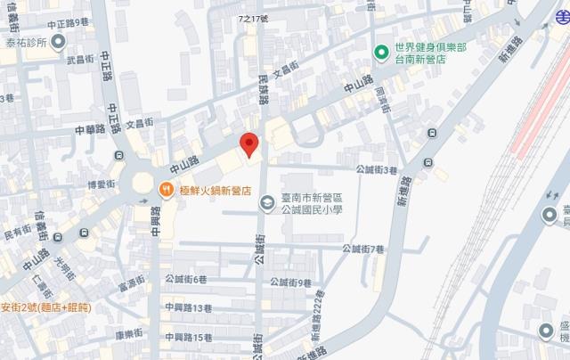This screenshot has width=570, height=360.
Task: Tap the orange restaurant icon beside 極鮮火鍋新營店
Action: [165, 189]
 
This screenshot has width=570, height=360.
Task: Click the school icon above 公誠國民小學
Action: [265, 204]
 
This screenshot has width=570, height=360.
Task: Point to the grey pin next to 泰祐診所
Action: [59, 41]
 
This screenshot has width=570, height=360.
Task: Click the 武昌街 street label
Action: [79, 60]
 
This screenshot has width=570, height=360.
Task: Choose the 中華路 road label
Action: [90, 127]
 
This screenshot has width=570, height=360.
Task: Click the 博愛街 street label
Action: [102, 184]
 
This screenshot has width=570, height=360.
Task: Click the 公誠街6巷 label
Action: [187, 279]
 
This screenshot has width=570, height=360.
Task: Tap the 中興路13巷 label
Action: [188, 307]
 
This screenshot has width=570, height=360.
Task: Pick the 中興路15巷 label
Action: [188, 337]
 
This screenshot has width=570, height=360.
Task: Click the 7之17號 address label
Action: [255, 17]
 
